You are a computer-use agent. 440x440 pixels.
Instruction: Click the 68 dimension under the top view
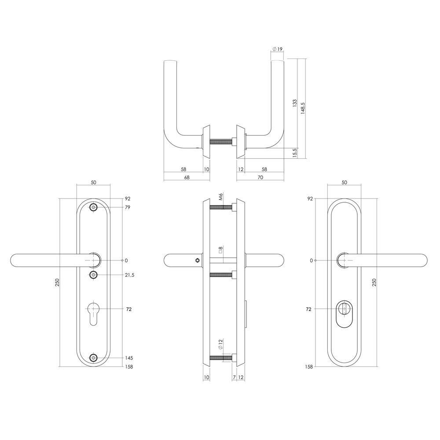click(x=187, y=177)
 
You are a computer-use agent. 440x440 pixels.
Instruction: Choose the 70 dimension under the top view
click(x=260, y=177)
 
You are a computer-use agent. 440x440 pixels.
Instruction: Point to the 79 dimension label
click(x=128, y=207)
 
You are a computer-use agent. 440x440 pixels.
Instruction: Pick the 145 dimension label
click(x=129, y=358)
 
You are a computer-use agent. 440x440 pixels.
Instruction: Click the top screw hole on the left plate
click(x=93, y=208)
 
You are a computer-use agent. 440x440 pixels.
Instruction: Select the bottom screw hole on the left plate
click(x=93, y=358)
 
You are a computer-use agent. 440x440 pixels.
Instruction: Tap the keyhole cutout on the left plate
click(x=93, y=312)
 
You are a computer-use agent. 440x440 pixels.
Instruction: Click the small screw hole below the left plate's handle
click(x=93, y=275)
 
